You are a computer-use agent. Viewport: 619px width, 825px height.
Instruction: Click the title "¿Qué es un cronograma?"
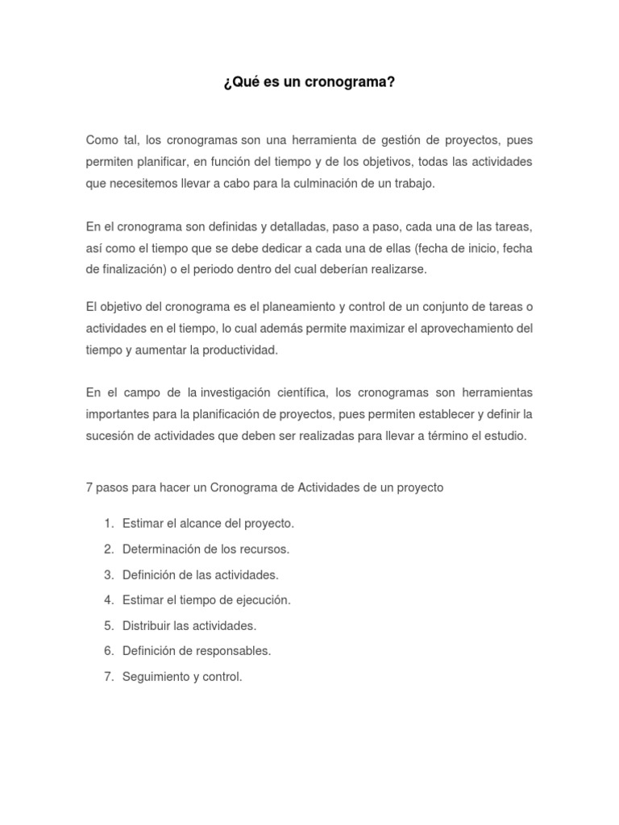click(x=309, y=82)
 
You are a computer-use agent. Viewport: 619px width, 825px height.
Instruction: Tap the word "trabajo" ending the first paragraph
click(x=413, y=183)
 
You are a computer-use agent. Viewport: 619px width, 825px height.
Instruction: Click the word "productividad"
click(x=234, y=350)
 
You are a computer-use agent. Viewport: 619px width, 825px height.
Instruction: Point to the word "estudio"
click(x=504, y=436)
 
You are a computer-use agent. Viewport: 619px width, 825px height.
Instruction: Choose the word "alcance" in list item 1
click(x=195, y=523)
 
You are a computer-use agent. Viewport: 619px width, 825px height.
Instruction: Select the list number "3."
click(x=108, y=574)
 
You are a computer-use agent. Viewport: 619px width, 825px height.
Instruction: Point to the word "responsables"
click(x=234, y=651)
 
